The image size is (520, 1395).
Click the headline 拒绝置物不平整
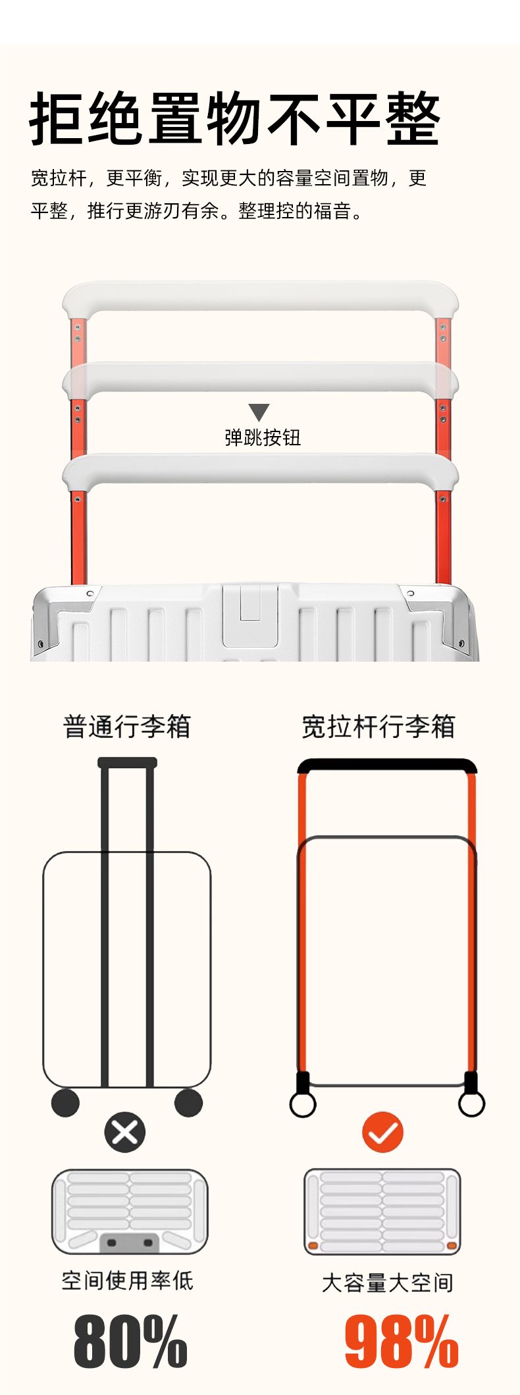235,119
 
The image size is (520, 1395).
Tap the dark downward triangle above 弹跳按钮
259,412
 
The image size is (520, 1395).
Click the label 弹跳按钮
263,438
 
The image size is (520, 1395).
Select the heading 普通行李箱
127,727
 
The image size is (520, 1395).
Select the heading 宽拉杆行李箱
378,727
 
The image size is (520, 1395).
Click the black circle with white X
124,1132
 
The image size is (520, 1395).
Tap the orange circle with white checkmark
382,1132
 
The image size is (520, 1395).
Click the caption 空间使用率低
127,1281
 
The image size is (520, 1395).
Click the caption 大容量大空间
387,1283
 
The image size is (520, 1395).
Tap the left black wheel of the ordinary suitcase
65,1103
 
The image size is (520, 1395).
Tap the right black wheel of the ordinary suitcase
189,1103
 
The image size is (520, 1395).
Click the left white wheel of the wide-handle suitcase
303,1105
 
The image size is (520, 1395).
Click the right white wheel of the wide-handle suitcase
471,1105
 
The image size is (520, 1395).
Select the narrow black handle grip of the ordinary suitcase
127,763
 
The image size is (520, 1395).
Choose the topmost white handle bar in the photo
260,296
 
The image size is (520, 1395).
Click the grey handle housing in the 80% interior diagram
130,1242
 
